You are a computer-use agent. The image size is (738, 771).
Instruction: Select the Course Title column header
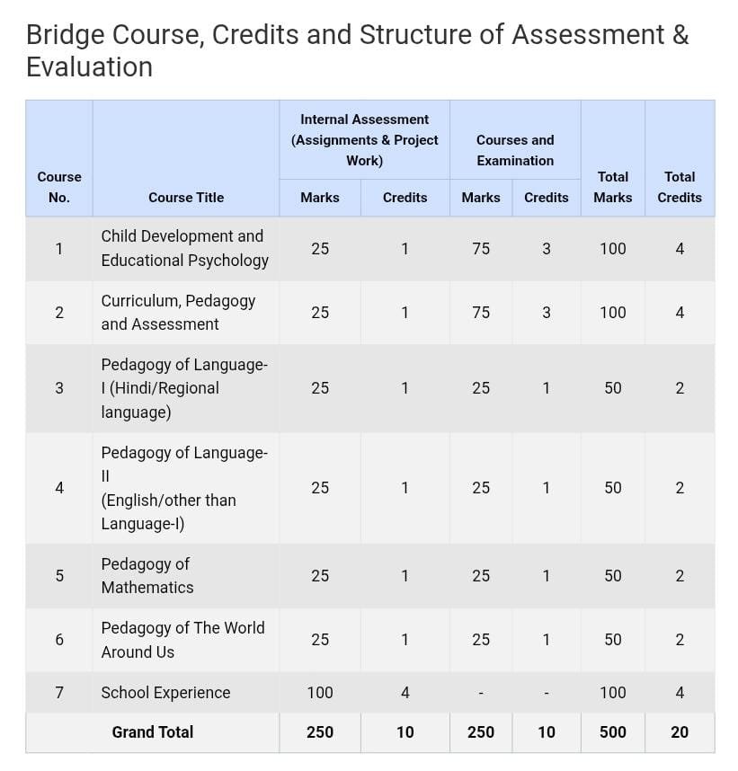pos(186,197)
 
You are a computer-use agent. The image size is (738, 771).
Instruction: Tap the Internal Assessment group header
pos(364,139)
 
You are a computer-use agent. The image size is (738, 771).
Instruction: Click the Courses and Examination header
pos(515,150)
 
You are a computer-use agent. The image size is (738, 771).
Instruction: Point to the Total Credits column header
pos(680,187)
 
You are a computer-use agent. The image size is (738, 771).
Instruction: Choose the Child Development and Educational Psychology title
pos(184,248)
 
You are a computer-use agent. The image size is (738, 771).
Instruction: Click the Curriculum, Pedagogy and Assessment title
pos(178,312)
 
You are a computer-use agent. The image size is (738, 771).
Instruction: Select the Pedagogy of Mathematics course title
pos(147,575)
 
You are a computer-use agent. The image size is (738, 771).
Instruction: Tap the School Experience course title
pos(165,692)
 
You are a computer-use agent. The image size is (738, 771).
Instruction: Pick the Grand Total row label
pos(152,731)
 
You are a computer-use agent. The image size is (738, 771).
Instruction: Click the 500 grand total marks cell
pos(612,731)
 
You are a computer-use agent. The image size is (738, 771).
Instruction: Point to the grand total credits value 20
pos(680,731)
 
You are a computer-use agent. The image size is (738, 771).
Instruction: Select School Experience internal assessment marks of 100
pos(319,692)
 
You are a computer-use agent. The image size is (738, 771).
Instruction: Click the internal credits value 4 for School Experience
pos(405,692)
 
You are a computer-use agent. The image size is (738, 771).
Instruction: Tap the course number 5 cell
pos(59,575)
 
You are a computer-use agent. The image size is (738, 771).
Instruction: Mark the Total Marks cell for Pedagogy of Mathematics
pos(612,575)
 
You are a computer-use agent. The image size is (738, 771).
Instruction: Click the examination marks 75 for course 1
pos(481,248)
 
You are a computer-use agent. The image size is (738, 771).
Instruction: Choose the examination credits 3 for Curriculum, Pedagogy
pos(547,312)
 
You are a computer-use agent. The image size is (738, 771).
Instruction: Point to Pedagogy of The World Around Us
pos(182,639)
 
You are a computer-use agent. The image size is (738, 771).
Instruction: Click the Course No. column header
pos(59,187)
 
